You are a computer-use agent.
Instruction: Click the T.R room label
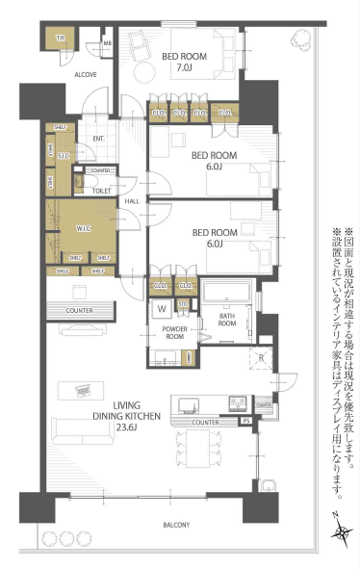59,39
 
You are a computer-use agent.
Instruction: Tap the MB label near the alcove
107,43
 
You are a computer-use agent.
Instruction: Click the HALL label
131,200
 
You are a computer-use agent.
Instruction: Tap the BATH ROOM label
227,320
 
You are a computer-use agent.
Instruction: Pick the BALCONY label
174,525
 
